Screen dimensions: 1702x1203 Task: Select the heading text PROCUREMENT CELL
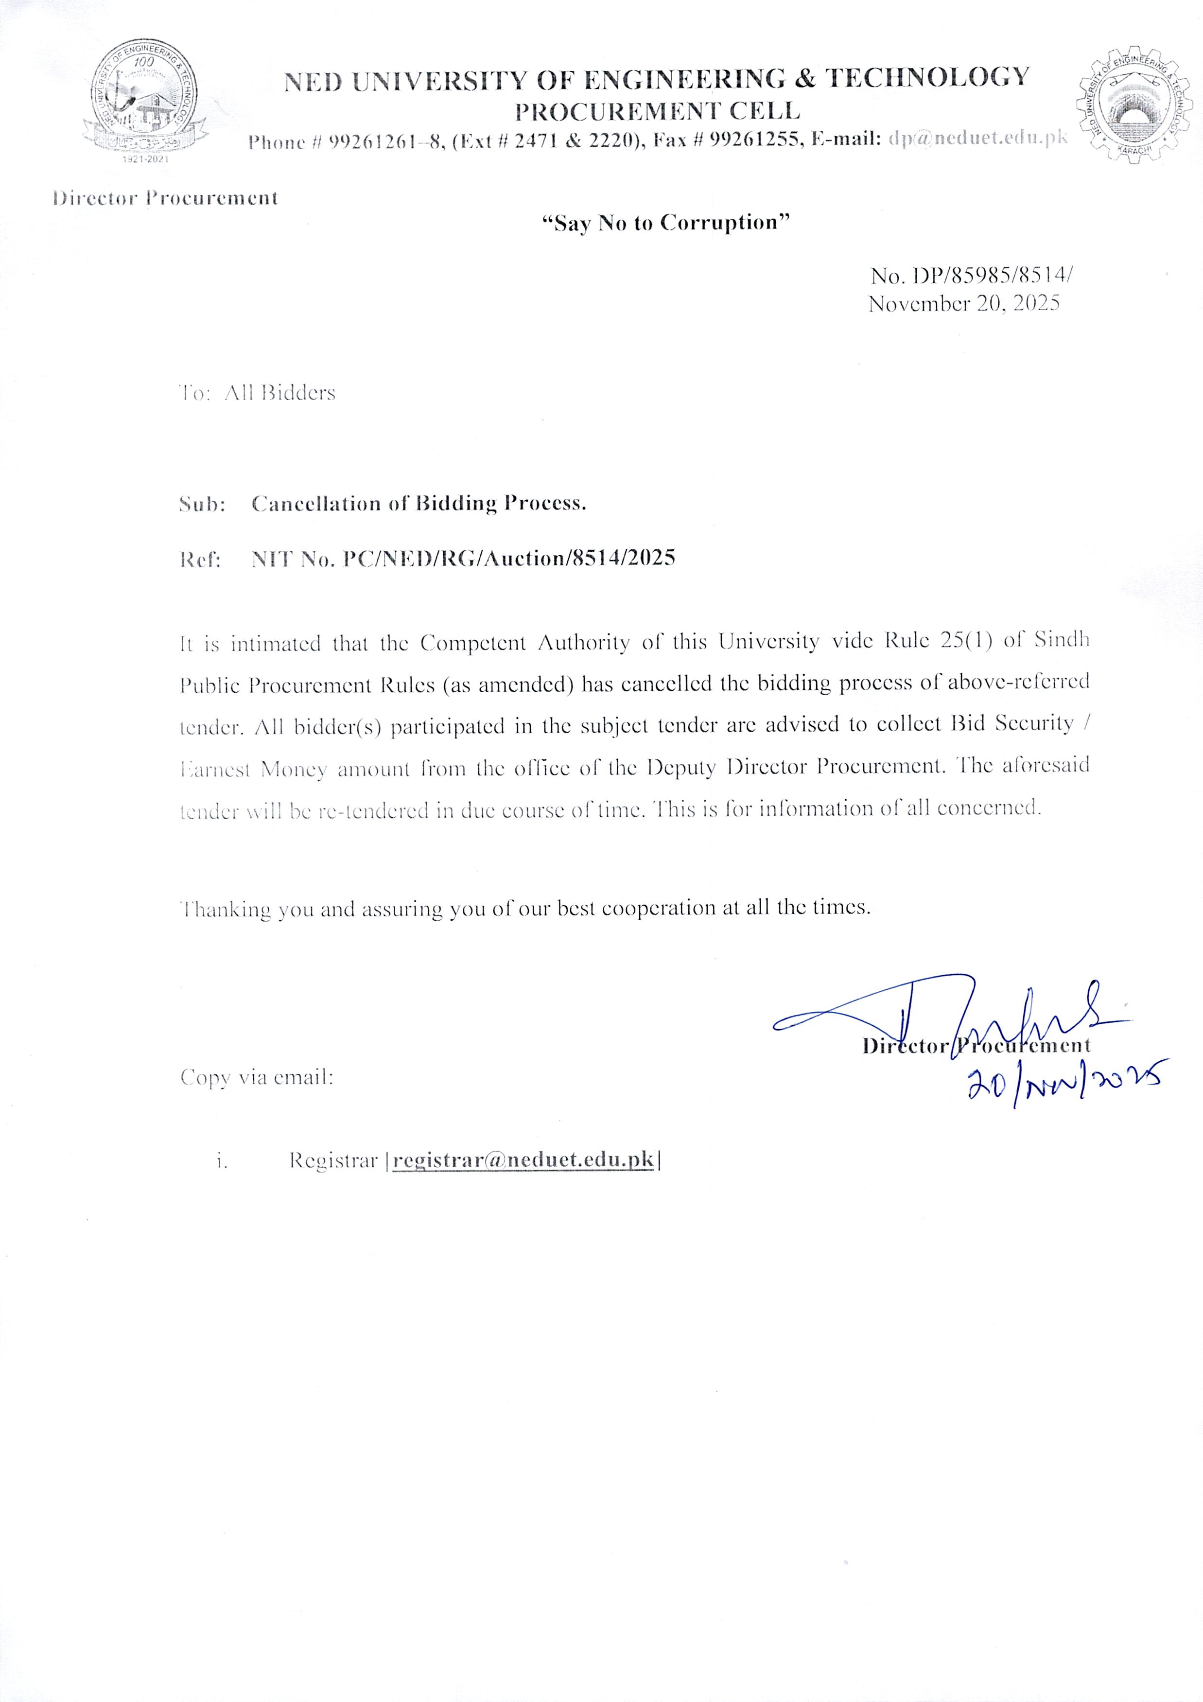(x=658, y=111)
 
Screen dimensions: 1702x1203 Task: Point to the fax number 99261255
(x=755, y=140)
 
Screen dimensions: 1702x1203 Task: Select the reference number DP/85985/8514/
(x=993, y=276)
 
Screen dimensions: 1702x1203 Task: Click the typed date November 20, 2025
(x=963, y=303)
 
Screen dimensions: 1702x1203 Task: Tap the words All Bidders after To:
(x=279, y=392)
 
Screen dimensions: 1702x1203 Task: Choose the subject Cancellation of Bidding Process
(x=419, y=503)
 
